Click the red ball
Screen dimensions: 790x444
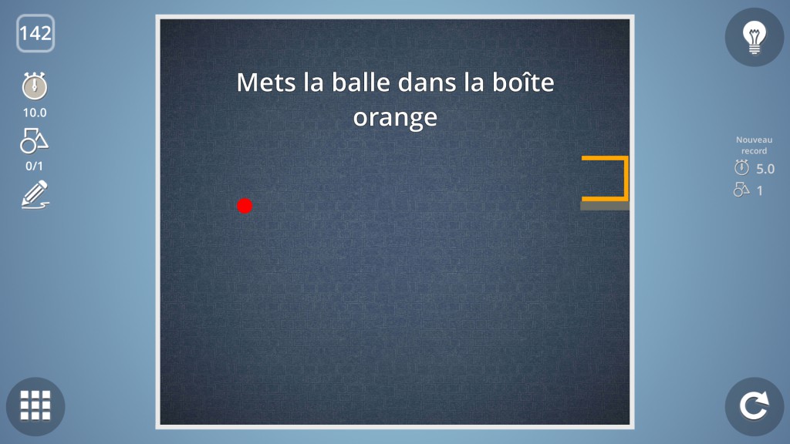pos(245,205)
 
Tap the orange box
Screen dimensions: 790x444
pos(626,178)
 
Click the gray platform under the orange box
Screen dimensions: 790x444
pos(605,206)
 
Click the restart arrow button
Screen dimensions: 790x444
pos(755,406)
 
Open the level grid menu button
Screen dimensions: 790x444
pos(35,406)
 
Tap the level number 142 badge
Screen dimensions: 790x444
pos(35,33)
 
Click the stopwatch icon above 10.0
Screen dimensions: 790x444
pos(35,86)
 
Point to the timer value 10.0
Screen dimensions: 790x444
pos(35,113)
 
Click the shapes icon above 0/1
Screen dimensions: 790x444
pos(34,140)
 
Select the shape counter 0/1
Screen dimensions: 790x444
pos(34,166)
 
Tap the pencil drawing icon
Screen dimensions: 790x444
pos(35,194)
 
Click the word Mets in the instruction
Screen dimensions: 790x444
pos(267,82)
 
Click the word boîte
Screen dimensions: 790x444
pos(523,82)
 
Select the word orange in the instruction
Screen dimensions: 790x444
pos(395,118)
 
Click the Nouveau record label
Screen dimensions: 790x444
pos(755,145)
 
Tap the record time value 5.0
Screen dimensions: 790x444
pos(765,169)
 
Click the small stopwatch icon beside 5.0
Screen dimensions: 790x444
pos(741,167)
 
